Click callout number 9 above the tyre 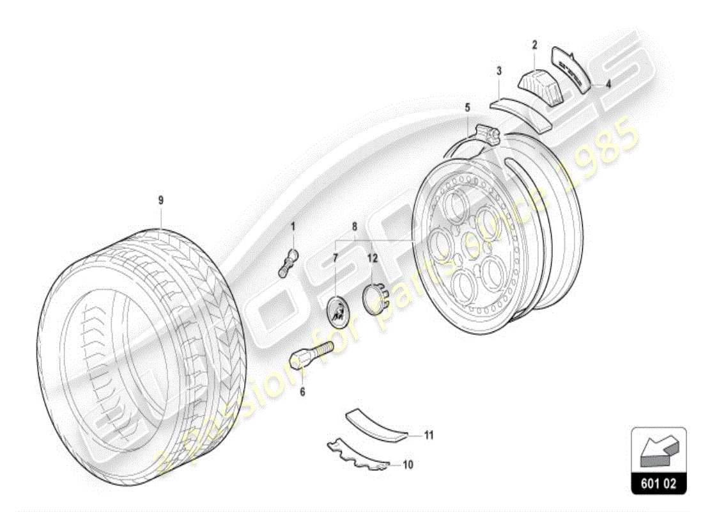(x=161, y=200)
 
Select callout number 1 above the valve (x=293, y=226)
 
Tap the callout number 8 (x=353, y=226)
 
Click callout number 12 (x=372, y=259)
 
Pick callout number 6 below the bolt (x=302, y=390)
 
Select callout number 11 (x=429, y=436)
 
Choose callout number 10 (x=408, y=465)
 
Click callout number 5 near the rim (x=467, y=107)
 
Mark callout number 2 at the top (x=534, y=45)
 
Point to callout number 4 (x=608, y=83)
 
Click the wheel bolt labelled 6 (x=311, y=354)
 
